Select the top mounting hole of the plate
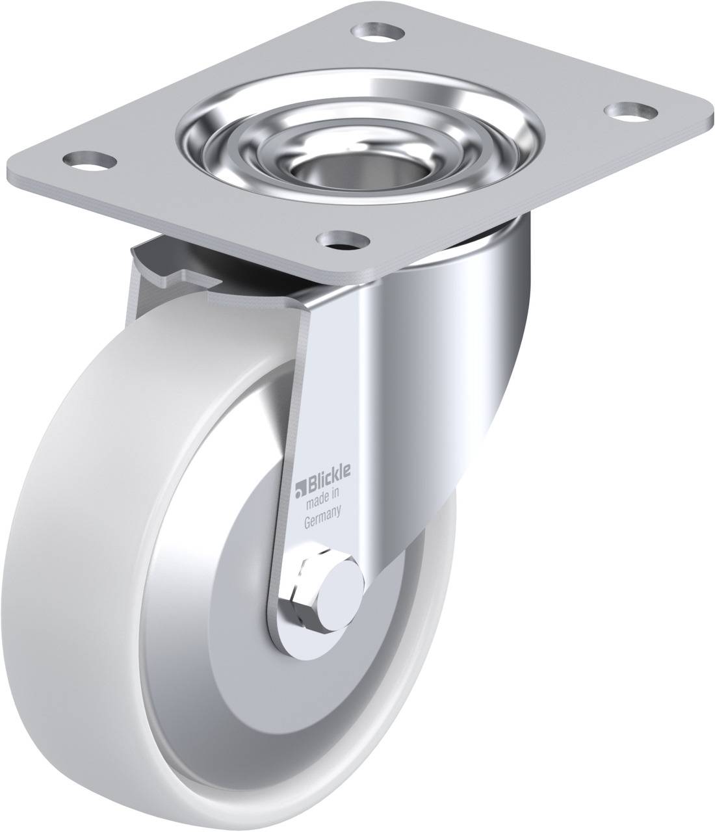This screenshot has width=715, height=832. [x=378, y=31]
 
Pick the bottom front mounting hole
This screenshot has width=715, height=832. [x=343, y=240]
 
